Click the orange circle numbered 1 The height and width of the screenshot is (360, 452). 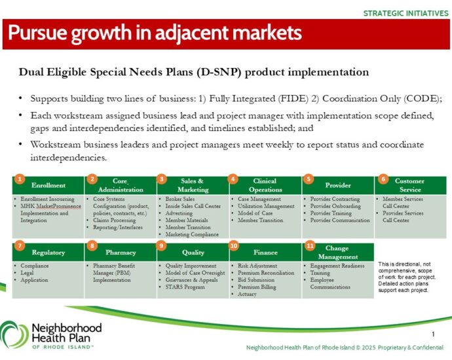tap(20, 179)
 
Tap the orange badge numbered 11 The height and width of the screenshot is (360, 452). tap(310, 245)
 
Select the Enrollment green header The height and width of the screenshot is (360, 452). tap(48, 185)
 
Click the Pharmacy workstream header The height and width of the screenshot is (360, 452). tap(121, 252)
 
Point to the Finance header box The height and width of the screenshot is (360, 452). tap(265, 252)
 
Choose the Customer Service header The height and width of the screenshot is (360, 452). tap(410, 185)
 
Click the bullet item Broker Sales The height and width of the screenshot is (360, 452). tap(180, 199)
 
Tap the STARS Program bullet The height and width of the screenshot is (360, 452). tap(185, 287)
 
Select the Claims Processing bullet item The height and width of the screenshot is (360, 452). tap(114, 221)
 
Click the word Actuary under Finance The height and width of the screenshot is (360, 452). tap(247, 294)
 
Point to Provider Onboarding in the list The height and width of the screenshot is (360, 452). tap(335, 206)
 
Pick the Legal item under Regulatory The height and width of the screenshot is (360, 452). tap(27, 273)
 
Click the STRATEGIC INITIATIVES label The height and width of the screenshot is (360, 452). tap(405, 13)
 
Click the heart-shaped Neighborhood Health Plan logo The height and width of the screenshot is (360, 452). tap(14, 334)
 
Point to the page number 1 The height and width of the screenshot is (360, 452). tap(433, 334)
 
